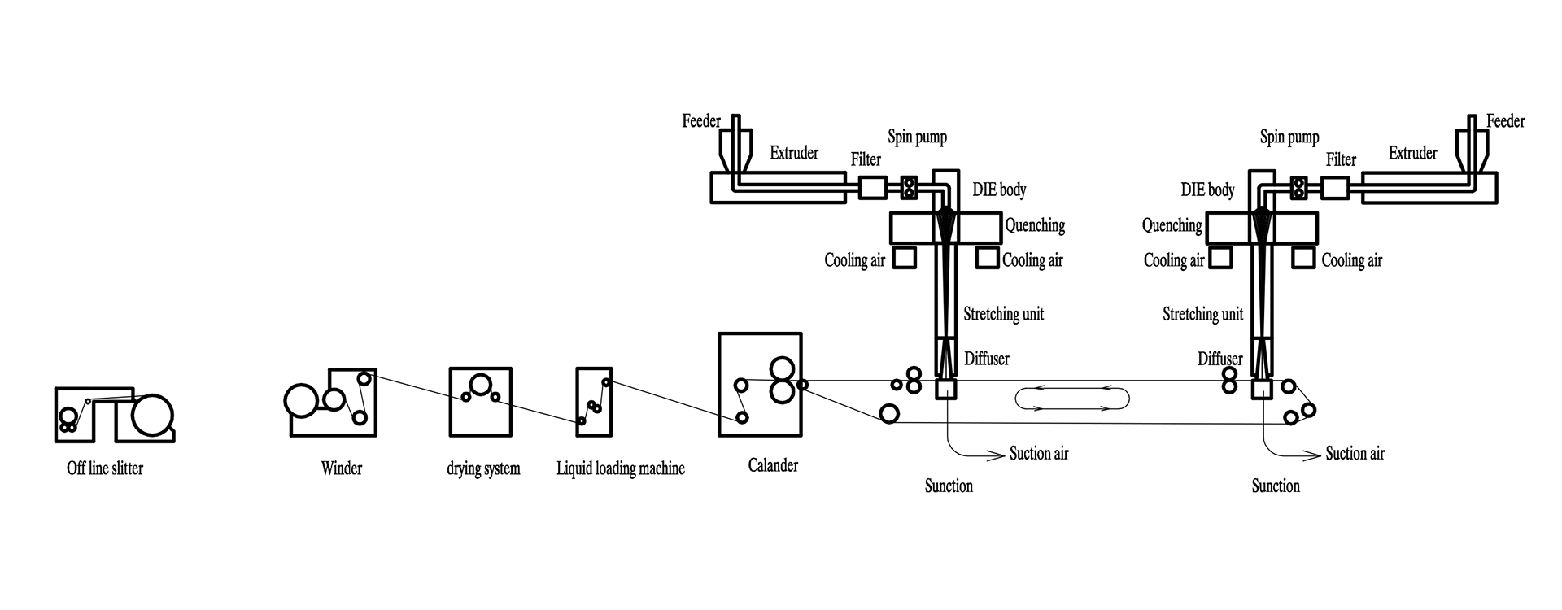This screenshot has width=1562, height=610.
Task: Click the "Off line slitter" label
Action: click(105, 468)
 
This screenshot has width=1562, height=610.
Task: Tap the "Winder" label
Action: click(342, 468)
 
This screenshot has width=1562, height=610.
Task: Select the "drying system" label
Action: click(483, 469)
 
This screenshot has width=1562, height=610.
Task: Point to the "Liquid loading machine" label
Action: click(621, 468)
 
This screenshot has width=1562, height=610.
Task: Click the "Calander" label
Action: click(773, 465)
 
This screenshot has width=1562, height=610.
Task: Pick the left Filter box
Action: click(873, 188)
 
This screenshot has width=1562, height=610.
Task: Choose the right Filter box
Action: click(1335, 188)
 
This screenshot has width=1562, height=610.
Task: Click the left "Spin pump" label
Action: click(917, 137)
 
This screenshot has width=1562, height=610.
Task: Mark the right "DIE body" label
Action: click(1208, 190)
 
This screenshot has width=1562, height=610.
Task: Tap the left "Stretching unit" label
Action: click(1004, 314)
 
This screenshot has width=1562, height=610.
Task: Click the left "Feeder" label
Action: click(701, 121)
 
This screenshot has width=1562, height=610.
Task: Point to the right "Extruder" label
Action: click(1413, 153)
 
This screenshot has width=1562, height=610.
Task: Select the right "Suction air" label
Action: click(1355, 453)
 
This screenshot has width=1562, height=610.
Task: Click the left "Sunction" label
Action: click(949, 486)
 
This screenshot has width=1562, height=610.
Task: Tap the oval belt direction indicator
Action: click(1073, 399)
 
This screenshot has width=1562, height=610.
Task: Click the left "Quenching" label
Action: click(1035, 225)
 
